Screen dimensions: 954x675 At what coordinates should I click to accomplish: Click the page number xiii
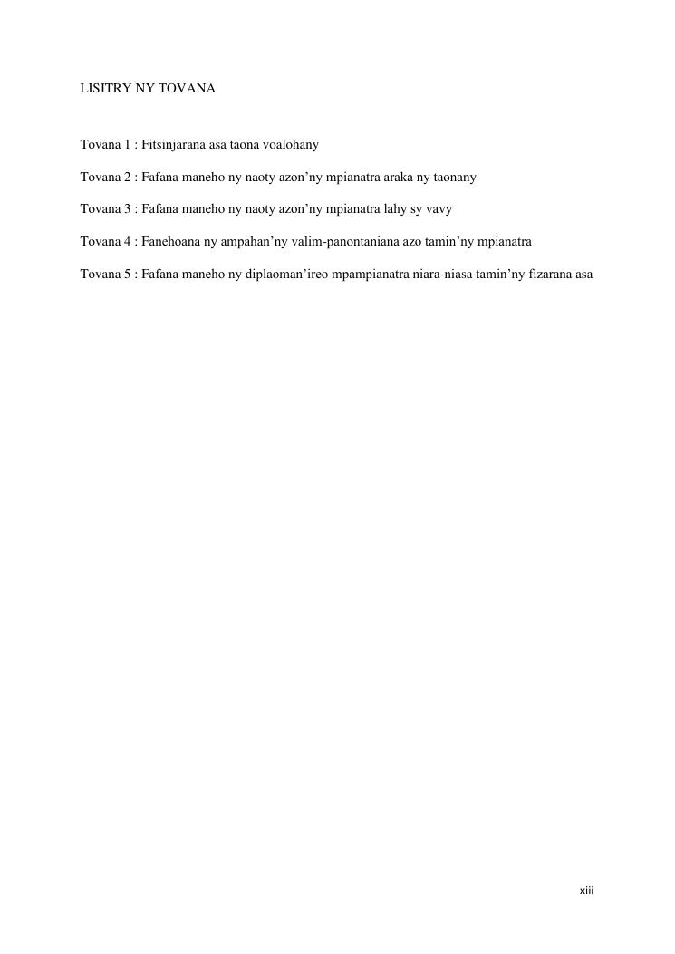click(586, 891)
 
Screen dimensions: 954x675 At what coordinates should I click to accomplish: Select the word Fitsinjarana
click(173, 145)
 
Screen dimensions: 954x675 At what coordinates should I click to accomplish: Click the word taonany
click(453, 178)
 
